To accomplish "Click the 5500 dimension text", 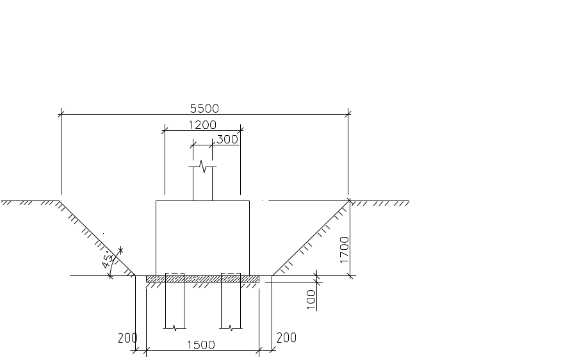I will click(205, 109).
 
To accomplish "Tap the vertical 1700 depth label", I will click(345, 249).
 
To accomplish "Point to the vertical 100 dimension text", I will click(312, 299).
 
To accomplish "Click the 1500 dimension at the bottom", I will click(200, 345).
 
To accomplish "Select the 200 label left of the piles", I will click(127, 338).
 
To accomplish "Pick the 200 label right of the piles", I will click(286, 338).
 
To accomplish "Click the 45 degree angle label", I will click(110, 261).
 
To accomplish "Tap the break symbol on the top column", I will click(202, 167).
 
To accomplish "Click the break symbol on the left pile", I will click(175, 327).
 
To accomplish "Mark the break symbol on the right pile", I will click(231, 327).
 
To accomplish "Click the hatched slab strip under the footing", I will click(202, 279).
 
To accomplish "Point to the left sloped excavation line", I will click(96, 238).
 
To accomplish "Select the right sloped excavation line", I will click(311, 238).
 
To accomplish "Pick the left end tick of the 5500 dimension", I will click(61, 115).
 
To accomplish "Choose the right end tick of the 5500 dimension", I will click(348, 115).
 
